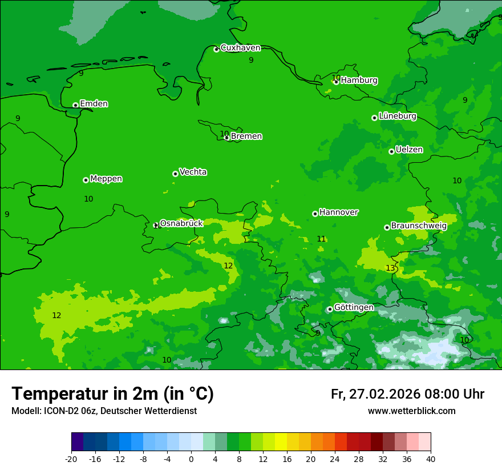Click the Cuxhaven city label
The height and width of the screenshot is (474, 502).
(x=240, y=48)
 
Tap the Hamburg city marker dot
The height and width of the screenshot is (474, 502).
(x=336, y=82)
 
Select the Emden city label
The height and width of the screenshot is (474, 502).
(x=94, y=104)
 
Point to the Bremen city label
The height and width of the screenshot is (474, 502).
(x=246, y=136)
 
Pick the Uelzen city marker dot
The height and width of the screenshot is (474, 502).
(x=391, y=151)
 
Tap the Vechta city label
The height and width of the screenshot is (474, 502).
(x=193, y=172)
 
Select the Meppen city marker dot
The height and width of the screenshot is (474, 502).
(x=86, y=180)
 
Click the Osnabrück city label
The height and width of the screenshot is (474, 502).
(x=181, y=223)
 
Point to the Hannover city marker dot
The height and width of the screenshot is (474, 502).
(x=315, y=214)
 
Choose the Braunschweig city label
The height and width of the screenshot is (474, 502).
(x=419, y=226)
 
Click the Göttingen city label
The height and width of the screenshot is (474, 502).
(x=354, y=307)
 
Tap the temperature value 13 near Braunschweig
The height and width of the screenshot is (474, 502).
(x=390, y=268)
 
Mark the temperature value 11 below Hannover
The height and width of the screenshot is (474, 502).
(x=321, y=239)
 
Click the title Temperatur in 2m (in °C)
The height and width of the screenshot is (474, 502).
(x=112, y=393)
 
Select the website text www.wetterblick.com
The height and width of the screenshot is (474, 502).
(x=411, y=411)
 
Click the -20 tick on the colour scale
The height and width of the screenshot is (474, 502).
(x=71, y=459)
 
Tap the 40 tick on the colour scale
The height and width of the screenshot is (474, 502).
(x=431, y=459)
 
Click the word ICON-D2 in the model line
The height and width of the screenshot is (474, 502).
(x=58, y=411)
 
